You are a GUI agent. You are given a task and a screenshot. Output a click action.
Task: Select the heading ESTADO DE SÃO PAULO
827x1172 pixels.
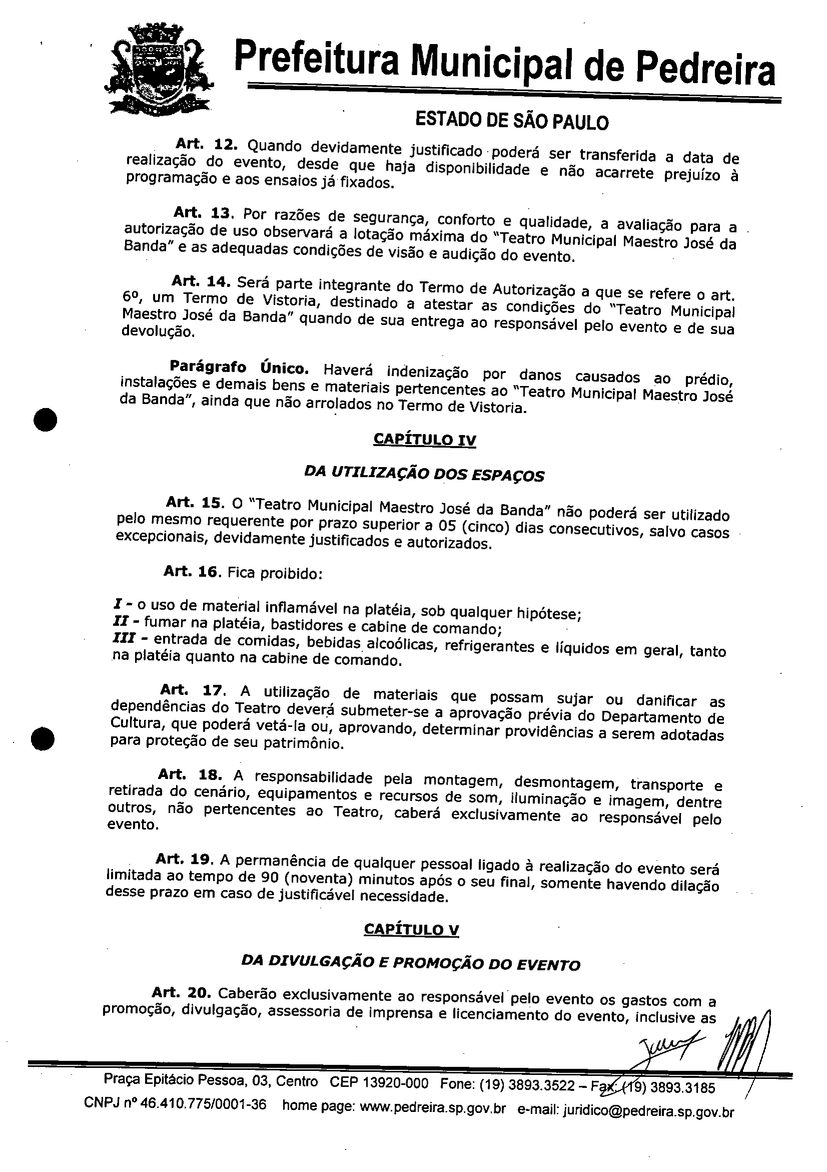[512, 121]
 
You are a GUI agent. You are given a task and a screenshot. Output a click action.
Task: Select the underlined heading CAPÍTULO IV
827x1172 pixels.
[424, 440]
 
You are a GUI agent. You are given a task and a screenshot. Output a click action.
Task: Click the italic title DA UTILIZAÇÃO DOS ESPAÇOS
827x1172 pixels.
[424, 474]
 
